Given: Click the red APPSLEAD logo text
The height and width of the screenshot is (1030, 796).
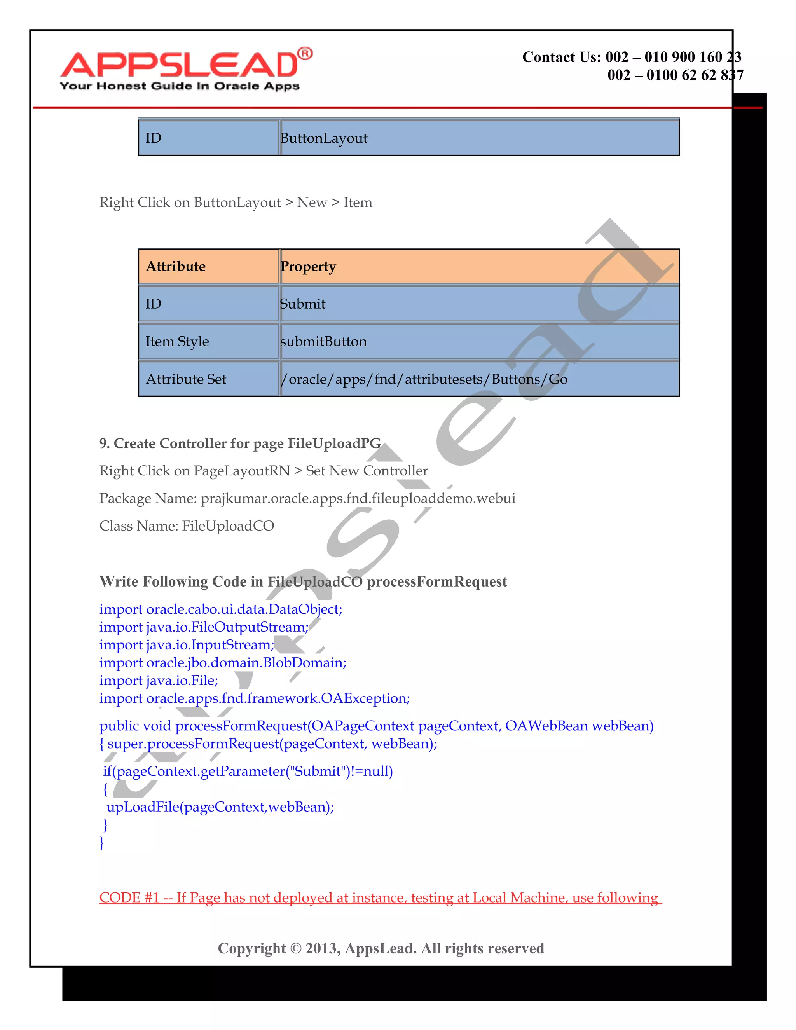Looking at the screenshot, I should pyautogui.click(x=179, y=65).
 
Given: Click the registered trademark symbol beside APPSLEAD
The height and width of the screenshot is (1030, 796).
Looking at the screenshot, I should pyautogui.click(x=305, y=54).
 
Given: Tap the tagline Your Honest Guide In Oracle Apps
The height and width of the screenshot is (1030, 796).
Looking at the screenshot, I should pyautogui.click(x=180, y=86).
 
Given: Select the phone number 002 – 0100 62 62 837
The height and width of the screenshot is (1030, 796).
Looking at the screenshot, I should pyautogui.click(x=675, y=75).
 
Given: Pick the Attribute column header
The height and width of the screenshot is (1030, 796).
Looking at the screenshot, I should pyautogui.click(x=176, y=267).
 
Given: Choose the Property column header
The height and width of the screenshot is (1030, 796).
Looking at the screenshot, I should pyautogui.click(x=308, y=267).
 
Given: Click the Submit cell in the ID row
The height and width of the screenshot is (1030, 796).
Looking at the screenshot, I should pyautogui.click(x=302, y=304).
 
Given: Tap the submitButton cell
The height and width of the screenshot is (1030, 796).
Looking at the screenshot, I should pyautogui.click(x=323, y=341).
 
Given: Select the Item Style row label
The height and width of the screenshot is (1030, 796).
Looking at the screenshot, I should pyautogui.click(x=177, y=341).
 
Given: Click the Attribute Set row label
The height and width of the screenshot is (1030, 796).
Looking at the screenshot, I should pyautogui.click(x=186, y=379).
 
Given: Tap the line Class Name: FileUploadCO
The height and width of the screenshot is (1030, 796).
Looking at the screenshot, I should pyautogui.click(x=186, y=526).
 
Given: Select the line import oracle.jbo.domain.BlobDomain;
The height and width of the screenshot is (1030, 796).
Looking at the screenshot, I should pyautogui.click(x=223, y=663).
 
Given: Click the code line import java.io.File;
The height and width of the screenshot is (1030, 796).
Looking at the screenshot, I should pyautogui.click(x=159, y=681).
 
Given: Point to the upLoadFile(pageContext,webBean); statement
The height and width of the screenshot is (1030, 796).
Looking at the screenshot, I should pyautogui.click(x=220, y=807).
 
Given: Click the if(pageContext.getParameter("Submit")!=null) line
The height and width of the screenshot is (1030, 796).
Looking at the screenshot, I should pyautogui.click(x=248, y=771).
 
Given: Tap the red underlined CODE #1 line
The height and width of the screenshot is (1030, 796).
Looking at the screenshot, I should pyautogui.click(x=380, y=897).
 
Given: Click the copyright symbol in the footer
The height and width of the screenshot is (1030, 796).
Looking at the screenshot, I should pyautogui.click(x=296, y=948).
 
